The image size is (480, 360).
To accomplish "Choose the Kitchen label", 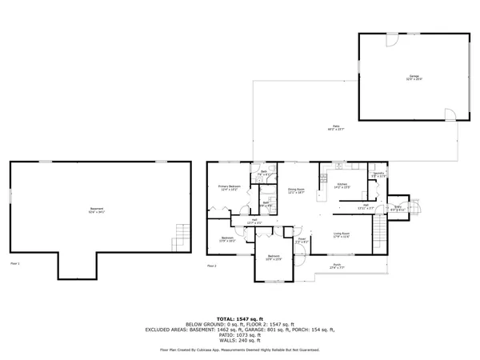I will [x=341, y=186].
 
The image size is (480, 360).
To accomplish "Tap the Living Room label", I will [x=345, y=234].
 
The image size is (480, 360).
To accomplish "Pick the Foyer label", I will [x=302, y=240].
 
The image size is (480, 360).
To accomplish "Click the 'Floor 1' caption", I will [x=14, y=262].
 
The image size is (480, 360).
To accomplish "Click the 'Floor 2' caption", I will [x=212, y=264].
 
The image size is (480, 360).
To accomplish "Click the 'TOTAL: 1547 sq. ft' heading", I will [x=240, y=318].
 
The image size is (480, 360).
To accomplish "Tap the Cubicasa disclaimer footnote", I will [x=240, y=350].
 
